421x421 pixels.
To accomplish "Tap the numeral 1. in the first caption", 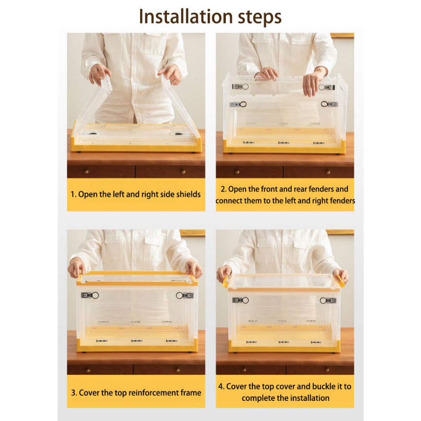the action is [73, 194].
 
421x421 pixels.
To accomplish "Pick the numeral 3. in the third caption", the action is [74, 393].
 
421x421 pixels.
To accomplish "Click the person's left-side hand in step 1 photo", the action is [99, 74].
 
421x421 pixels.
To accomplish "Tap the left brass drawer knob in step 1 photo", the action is [86, 171].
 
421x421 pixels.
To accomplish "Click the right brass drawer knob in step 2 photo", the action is [328, 171].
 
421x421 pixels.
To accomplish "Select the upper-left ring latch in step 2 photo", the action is [241, 87].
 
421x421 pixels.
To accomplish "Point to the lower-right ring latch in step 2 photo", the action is [329, 104].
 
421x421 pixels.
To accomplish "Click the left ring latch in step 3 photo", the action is [90, 295].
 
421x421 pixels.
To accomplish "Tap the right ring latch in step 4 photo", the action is [328, 301].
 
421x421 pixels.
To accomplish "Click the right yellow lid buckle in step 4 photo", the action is [340, 280].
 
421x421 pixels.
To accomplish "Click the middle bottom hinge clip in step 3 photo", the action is [137, 341].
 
